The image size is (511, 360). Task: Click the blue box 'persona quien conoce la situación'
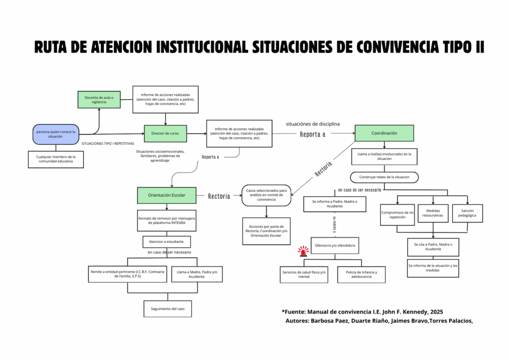coord(56,134)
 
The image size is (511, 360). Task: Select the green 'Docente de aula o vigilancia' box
coord(99,99)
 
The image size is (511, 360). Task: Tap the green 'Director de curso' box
coord(165,133)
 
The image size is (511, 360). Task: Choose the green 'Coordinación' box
coord(384,133)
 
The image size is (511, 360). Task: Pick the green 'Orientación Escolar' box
coord(166,195)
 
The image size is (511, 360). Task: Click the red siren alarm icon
coord(303,251)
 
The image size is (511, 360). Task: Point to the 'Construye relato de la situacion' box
coord(384,177)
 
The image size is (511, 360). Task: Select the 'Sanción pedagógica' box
coord(468,214)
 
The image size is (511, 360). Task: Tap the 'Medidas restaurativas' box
coord(433,214)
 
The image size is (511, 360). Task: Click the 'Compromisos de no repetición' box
coord(397,215)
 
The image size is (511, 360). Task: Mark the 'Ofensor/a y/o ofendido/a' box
coord(335,246)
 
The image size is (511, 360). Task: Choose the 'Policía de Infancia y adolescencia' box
coord(361,275)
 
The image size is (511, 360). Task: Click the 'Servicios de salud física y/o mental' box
coord(304,275)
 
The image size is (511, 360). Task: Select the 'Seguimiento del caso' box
coord(168,309)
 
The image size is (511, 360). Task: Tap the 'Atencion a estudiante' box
coord(166,242)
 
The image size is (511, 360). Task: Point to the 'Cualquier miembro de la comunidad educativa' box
coord(56,159)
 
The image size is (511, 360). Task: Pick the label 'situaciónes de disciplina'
coord(313,123)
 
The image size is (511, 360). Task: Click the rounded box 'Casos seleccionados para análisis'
coord(266,195)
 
